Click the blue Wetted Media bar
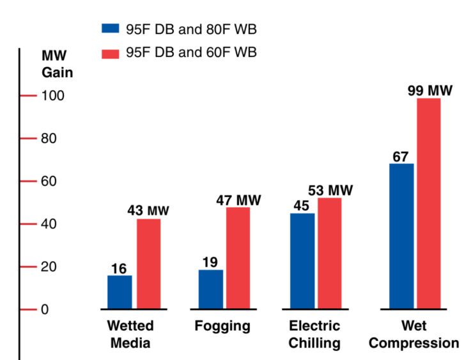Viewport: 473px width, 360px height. point(120,292)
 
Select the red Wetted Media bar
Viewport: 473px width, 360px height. point(148,264)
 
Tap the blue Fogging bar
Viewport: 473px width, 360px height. point(211,289)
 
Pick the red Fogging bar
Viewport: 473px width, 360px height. point(238,258)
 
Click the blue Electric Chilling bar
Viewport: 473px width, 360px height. point(302,261)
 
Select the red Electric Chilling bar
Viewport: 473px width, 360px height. point(330,253)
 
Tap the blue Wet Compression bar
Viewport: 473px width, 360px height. point(401,236)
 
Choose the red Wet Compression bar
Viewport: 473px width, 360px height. point(429,203)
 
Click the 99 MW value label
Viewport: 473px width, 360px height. point(430,90)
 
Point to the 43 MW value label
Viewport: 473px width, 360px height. point(148,210)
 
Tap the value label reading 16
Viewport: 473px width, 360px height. point(118,268)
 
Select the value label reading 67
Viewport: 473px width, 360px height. point(400,157)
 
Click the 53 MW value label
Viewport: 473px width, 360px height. point(330,190)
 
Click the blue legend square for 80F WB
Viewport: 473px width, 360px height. point(111,29)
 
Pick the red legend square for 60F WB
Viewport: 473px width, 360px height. point(111,52)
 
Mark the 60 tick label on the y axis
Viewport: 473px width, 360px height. point(50,182)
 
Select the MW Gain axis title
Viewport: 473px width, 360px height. point(57,64)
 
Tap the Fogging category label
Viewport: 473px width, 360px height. point(222,326)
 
